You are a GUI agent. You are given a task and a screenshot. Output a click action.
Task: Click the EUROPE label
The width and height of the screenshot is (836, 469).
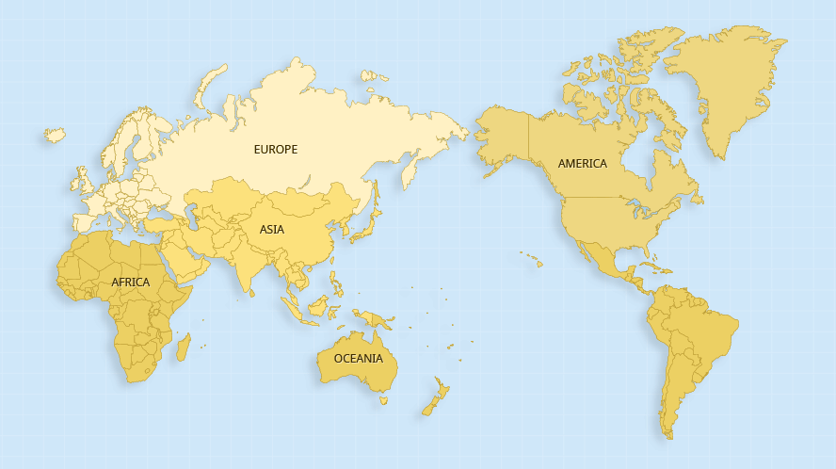(x=275, y=150)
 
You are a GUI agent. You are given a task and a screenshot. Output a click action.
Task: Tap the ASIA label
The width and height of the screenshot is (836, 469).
(x=272, y=229)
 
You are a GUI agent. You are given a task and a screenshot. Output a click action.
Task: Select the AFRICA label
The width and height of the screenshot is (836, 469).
(x=130, y=283)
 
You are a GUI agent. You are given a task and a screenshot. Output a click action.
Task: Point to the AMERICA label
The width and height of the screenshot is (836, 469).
(x=582, y=164)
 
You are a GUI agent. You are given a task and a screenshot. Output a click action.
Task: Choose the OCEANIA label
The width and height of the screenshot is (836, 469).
(x=358, y=359)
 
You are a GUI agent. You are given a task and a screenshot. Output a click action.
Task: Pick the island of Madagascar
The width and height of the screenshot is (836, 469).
(x=183, y=347)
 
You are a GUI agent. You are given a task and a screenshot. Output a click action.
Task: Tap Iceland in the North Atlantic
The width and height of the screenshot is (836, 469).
(x=56, y=136)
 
